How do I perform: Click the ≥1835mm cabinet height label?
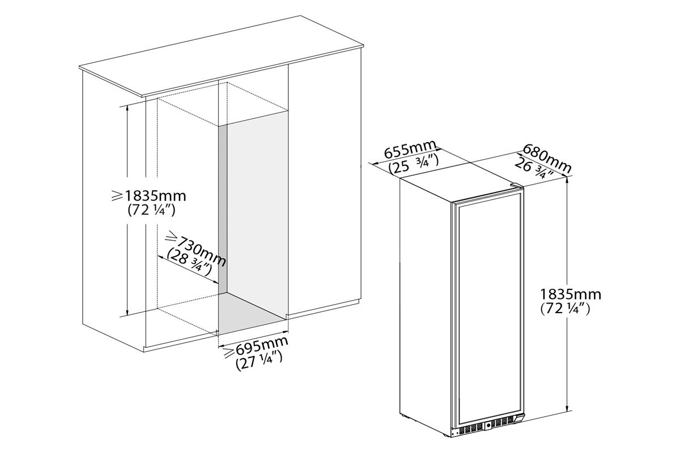pyautogui.click(x=148, y=196)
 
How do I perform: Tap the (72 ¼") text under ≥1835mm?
pyautogui.click(x=152, y=210)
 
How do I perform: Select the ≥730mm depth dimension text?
pyautogui.click(x=197, y=249)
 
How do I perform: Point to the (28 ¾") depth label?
pyautogui.click(x=189, y=262)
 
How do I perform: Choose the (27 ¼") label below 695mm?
pyautogui.click(x=259, y=361)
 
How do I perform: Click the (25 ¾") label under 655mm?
pyautogui.click(x=414, y=164)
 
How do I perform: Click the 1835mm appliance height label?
pyautogui.click(x=571, y=294)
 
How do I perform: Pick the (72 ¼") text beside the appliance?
pyautogui.click(x=566, y=309)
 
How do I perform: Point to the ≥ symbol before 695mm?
pyautogui.click(x=228, y=353)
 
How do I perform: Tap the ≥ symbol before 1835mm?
pyautogui.click(x=117, y=196)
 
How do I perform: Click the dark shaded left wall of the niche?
pyautogui.click(x=223, y=210)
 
